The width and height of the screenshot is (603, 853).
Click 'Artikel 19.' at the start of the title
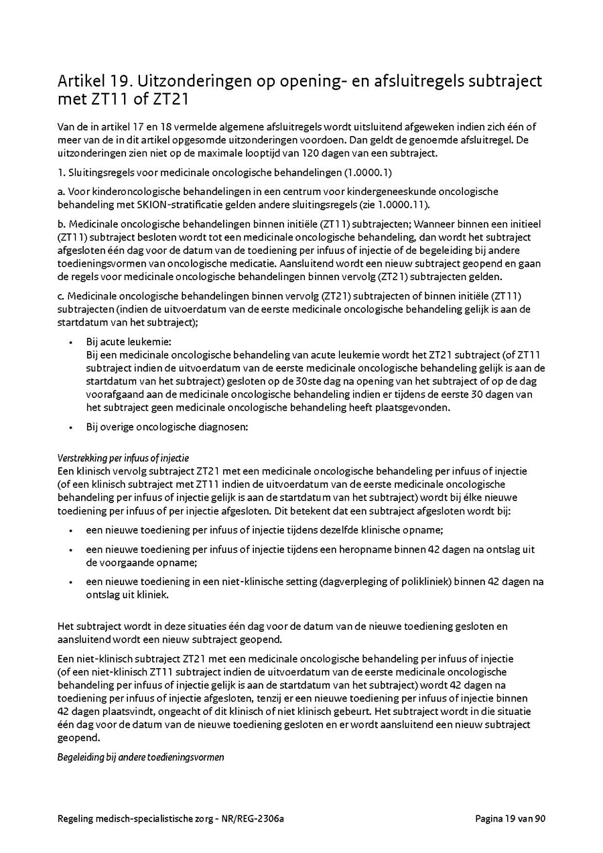click(94, 82)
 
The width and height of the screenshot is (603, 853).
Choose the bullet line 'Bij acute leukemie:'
click(128, 342)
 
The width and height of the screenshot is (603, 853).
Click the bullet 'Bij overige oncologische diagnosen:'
click(167, 426)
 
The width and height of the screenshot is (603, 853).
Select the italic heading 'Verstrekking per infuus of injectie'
click(123, 458)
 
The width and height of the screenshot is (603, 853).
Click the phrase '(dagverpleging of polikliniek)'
click(381, 582)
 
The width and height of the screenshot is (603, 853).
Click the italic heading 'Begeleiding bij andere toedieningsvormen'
click(141, 757)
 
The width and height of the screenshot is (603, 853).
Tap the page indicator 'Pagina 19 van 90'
click(510, 819)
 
